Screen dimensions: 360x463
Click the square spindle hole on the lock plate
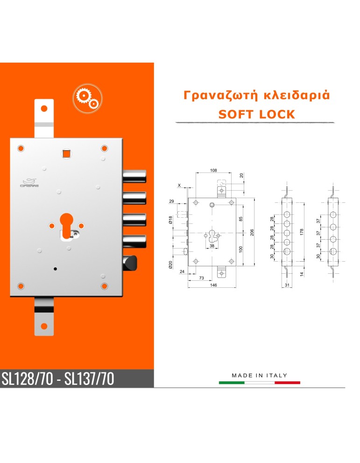point(66,154)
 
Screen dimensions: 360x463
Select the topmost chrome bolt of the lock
point(134,176)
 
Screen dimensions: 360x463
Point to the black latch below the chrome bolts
point(130,263)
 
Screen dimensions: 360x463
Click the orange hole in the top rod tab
point(44,108)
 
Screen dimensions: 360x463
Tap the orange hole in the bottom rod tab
point(44,326)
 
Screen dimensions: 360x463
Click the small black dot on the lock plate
point(55,269)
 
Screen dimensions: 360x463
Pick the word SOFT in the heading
point(236,114)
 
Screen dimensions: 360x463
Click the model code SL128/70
point(28,378)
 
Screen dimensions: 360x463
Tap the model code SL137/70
point(89,378)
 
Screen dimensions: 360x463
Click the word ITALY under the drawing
point(276,375)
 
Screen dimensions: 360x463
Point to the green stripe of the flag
point(232,383)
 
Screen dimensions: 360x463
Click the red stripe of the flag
point(288,383)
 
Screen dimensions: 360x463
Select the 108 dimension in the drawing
point(213,171)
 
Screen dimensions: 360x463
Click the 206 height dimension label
point(252,232)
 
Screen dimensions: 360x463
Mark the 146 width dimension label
point(213,285)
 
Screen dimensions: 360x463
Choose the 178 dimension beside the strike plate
point(302,232)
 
